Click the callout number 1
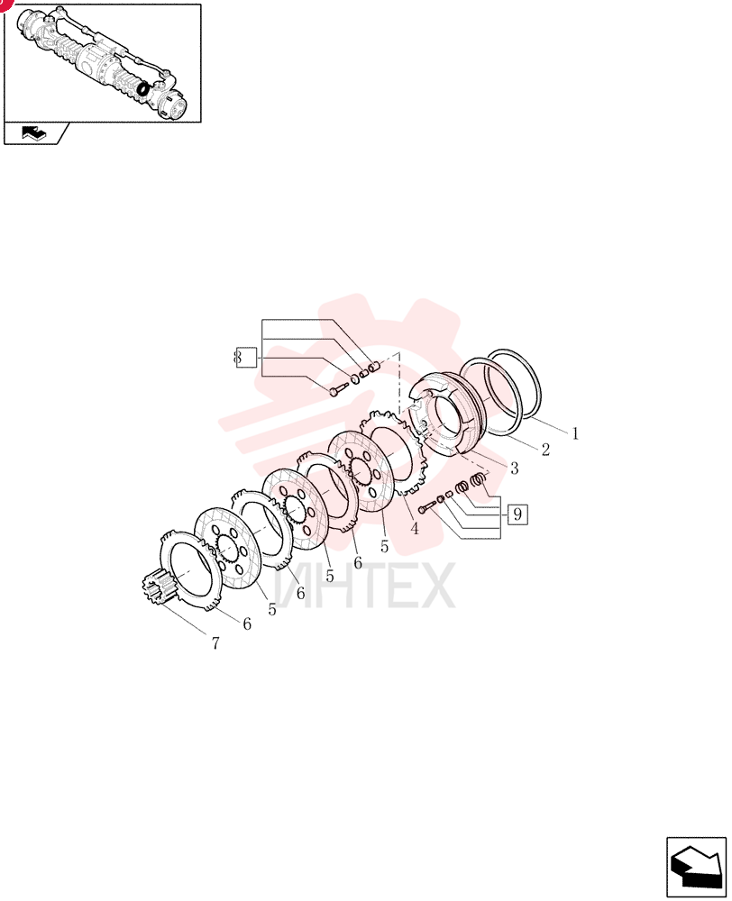click(575, 433)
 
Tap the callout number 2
click(545, 450)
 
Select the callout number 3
click(514, 469)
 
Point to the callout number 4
click(415, 528)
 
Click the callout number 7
click(215, 643)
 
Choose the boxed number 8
click(246, 358)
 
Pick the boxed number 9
click(517, 514)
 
